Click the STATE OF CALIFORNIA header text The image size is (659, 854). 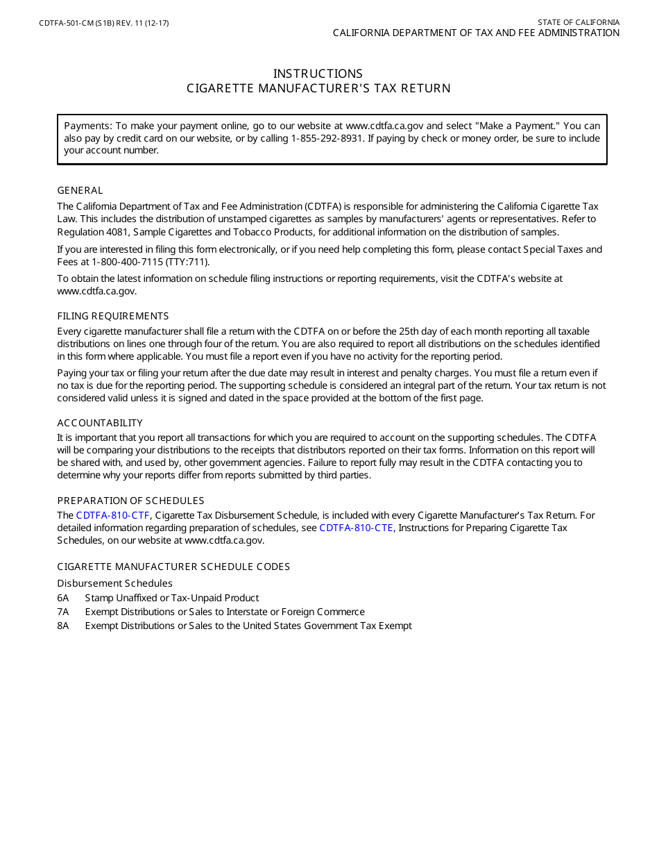[x=579, y=22]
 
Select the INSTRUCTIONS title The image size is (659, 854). [x=318, y=74]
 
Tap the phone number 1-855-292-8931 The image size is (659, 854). [x=328, y=138]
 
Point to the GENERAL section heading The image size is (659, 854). [x=80, y=190]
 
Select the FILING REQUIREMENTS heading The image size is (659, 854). [x=112, y=316]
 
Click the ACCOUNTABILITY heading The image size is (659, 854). [x=100, y=423]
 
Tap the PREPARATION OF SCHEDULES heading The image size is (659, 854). [x=130, y=501]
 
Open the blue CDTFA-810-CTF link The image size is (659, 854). [x=112, y=515]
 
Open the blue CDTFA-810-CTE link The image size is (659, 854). [x=356, y=528]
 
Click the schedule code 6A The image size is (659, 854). [x=63, y=598]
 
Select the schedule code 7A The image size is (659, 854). [x=63, y=612]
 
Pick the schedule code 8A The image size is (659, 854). [x=63, y=626]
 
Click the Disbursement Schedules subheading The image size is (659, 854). [x=114, y=583]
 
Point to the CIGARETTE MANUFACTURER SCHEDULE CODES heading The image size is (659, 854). [x=173, y=567]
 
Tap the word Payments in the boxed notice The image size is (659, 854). [x=87, y=126]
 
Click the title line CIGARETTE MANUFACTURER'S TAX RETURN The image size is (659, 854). [x=318, y=88]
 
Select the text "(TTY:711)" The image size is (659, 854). [x=187, y=262]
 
